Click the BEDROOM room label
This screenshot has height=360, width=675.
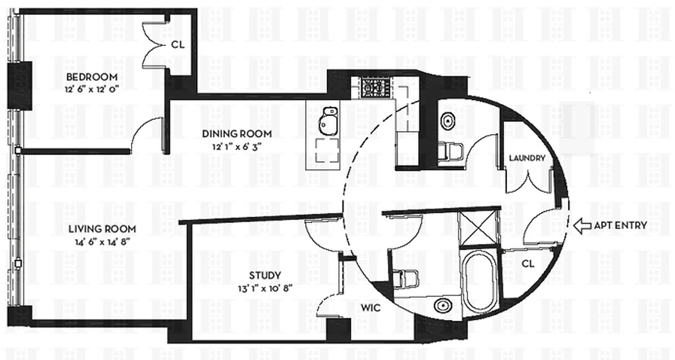tap(92, 76)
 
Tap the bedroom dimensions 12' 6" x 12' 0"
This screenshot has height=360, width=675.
tap(92, 90)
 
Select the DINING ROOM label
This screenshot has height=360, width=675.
tap(237, 134)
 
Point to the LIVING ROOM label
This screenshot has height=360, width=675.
tap(102, 229)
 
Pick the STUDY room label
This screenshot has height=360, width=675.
tap(265, 275)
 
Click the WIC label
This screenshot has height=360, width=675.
tap(371, 308)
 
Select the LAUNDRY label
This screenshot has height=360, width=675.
tap(527, 158)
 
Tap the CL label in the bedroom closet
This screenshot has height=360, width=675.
tap(177, 45)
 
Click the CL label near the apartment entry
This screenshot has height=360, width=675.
tap(529, 264)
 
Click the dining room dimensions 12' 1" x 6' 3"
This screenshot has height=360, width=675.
tap(237, 146)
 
